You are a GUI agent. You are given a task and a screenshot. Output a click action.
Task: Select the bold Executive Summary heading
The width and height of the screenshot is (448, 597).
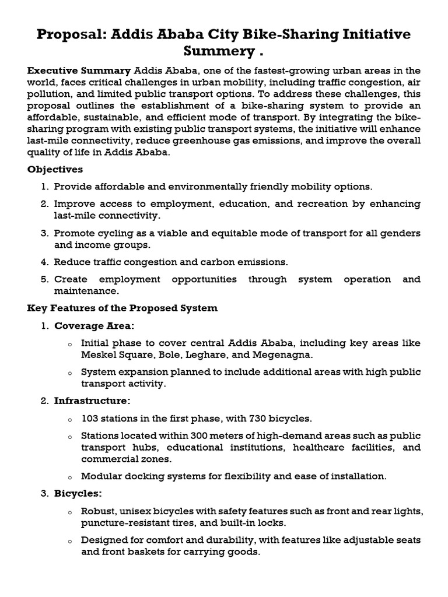tap(79, 70)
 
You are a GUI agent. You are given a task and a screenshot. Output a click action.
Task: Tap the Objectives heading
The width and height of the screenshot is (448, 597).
tap(55, 170)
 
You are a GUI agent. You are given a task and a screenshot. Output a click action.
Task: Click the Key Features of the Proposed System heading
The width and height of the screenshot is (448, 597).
tap(123, 308)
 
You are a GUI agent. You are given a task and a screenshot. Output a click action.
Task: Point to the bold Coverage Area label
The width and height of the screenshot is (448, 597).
tap(94, 325)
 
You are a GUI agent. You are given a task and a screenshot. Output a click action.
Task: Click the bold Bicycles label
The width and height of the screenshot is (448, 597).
tap(78, 494)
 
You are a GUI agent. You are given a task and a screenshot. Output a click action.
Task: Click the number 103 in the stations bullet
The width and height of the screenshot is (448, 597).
tap(91, 419)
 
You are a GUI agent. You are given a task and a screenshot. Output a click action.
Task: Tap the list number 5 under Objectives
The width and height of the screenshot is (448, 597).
tap(44, 279)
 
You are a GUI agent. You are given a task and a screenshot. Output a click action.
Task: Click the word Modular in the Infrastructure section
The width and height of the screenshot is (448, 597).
tap(101, 476)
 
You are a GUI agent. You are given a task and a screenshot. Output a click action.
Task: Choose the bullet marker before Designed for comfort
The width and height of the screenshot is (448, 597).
tap(69, 541)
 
